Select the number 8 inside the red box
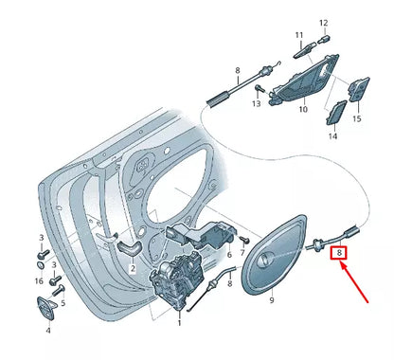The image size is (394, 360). [338, 254]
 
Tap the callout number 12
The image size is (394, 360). [323, 22]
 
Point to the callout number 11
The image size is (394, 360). [298, 36]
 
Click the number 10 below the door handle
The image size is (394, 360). [303, 110]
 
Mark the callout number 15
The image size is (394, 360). [357, 119]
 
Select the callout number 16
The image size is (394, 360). [38, 281]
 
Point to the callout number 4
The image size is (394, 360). [48, 333]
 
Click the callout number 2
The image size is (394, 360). [132, 268]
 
